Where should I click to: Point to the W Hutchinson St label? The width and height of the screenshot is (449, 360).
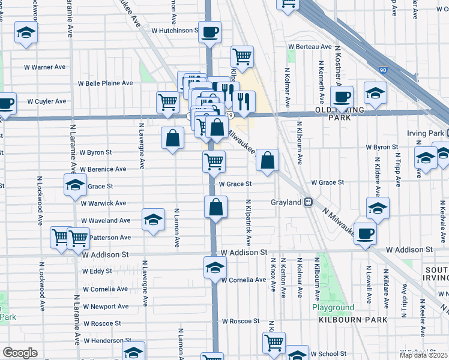174,30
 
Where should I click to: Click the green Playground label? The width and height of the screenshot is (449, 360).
333,308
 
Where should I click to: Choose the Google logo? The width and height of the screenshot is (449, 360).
20,353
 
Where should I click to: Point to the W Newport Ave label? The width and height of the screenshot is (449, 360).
106,307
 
